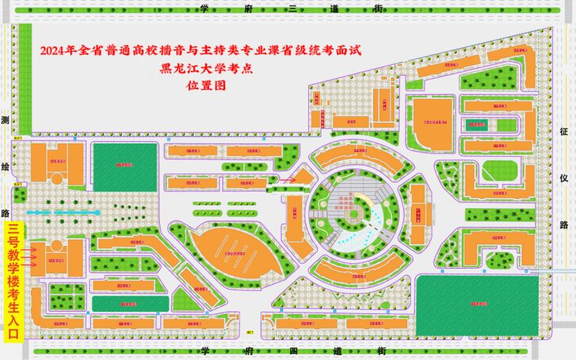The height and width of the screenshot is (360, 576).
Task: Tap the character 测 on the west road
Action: [x=7, y=121]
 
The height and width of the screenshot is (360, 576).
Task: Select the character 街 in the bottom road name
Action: [x=378, y=352]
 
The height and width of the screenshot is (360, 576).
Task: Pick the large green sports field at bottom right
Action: [x=478, y=304]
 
